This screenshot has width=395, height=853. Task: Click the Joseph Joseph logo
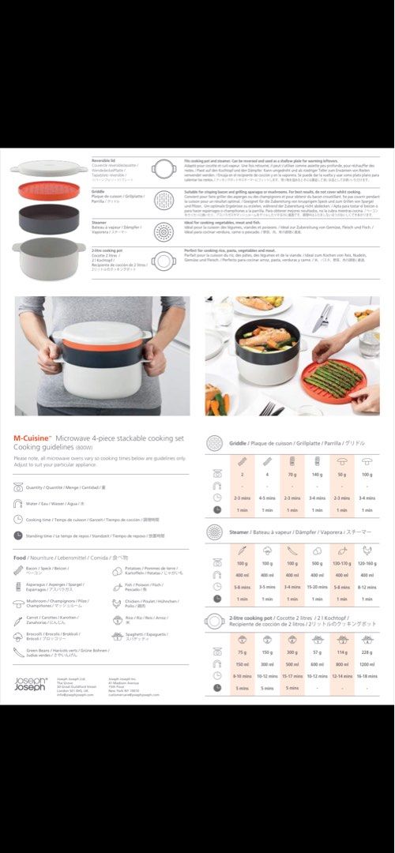(30, 683)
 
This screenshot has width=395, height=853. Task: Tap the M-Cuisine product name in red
(33, 437)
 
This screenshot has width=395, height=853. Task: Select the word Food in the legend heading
(20, 558)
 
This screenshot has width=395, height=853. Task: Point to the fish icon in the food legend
(117, 586)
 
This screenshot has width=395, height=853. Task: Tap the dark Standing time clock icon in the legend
(18, 535)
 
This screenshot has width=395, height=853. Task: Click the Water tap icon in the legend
(18, 502)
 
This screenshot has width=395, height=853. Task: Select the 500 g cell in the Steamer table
(317, 563)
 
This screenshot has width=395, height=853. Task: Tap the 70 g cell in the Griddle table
(292, 475)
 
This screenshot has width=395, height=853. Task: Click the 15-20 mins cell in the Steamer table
(317, 587)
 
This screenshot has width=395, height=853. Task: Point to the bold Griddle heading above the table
(238, 444)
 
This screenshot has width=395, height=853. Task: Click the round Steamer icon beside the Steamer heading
(214, 532)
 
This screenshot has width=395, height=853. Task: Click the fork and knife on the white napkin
(322, 317)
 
